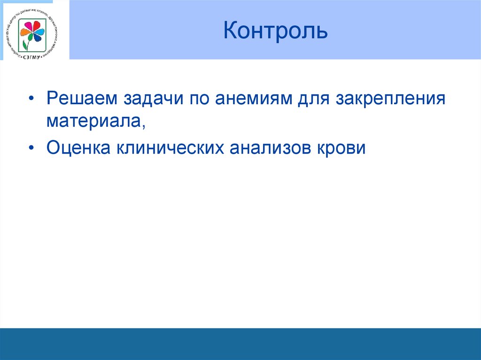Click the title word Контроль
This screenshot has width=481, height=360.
[275, 31]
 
